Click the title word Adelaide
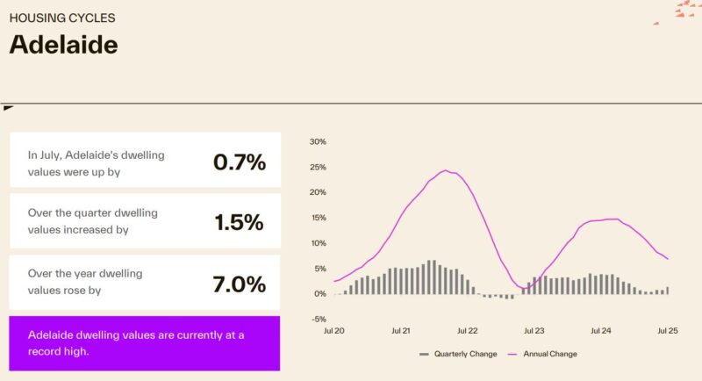(x=63, y=44)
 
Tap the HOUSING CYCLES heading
(x=61, y=18)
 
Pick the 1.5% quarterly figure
(x=239, y=222)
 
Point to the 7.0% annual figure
(x=239, y=284)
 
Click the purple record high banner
(x=145, y=343)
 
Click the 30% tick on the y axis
(x=318, y=141)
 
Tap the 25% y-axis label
(x=318, y=167)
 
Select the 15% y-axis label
(x=318, y=218)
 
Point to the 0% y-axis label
(x=320, y=294)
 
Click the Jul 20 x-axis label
(x=333, y=332)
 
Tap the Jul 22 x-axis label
(x=467, y=332)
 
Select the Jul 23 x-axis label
(x=534, y=332)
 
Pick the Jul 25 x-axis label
(x=667, y=332)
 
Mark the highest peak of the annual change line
(x=446, y=170)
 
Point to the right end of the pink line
(x=668, y=258)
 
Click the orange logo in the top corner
(x=686, y=10)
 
